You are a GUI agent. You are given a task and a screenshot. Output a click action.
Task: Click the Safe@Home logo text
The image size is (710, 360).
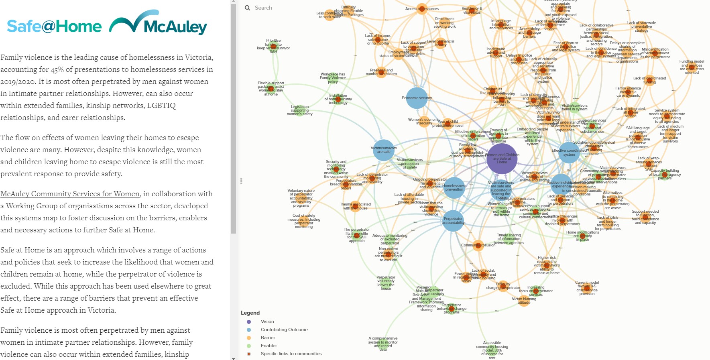pos(54,26)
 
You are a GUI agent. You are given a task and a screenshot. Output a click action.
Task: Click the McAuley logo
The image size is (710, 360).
pos(158,24)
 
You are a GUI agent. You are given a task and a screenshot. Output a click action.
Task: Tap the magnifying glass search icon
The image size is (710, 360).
pos(247,8)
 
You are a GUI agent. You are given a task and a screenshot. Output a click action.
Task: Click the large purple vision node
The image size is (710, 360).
pos(502,159)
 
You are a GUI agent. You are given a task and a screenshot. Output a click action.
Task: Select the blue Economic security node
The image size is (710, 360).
pos(417,98)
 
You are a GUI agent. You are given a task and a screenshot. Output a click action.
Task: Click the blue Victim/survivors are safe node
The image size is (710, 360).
pos(384,150)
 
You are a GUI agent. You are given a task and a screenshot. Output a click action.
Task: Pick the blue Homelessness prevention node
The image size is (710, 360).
pos(454,188)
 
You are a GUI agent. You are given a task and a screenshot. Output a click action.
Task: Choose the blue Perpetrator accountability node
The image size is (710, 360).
pos(453,221)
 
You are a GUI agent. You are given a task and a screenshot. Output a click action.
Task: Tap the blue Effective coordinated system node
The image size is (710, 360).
pos(569,153)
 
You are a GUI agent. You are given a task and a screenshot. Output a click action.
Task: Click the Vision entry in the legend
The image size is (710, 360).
pos(267,321)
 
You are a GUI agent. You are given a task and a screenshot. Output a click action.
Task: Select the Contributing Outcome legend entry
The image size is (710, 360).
pos(284,329)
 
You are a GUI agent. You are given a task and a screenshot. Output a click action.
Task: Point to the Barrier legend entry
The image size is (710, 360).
pos(268,338)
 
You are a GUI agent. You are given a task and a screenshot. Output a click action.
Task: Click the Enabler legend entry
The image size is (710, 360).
pos(269,346)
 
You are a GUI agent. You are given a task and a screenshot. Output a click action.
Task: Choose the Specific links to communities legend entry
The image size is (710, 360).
pos(291,354)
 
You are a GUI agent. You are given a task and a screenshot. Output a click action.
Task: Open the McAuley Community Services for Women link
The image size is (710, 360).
pos(70,194)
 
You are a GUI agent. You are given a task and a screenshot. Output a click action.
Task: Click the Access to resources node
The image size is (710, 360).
pos(422,9)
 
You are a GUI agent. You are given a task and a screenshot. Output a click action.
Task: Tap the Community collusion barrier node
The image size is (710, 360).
pos(478,245)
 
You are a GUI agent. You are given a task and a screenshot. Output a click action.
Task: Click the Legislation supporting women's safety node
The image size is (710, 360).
pos(300,111)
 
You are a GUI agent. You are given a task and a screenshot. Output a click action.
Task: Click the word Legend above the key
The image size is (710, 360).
pos(250,313)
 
